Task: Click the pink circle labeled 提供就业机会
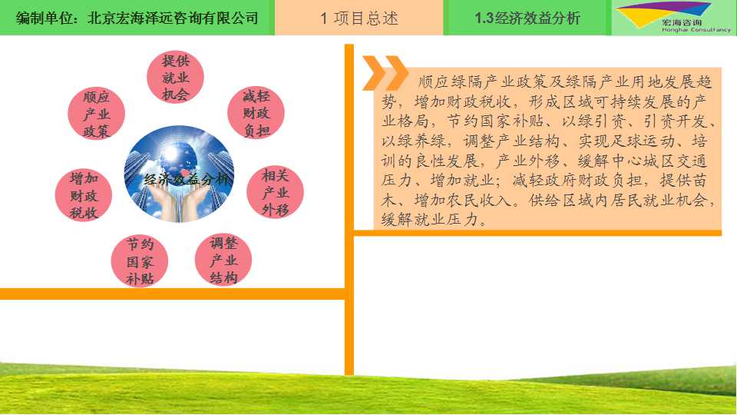[x=175, y=78]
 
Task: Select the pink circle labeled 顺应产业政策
[x=97, y=114]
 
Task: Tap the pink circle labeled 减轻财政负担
[x=256, y=113]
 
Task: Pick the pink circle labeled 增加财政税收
[x=84, y=195]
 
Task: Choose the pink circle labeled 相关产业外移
[x=275, y=192]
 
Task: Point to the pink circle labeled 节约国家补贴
[x=140, y=261]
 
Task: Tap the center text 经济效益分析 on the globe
[x=187, y=179]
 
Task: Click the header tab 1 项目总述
[x=359, y=18]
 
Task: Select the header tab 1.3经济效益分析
[x=527, y=18]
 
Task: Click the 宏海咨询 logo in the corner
[x=674, y=18]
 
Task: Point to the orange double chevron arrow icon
[x=385, y=73]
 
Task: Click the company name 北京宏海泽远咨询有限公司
[x=173, y=18]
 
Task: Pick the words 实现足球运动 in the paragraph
[x=626, y=141]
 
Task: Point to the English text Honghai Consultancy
[x=696, y=30]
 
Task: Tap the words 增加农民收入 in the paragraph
[x=462, y=201]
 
